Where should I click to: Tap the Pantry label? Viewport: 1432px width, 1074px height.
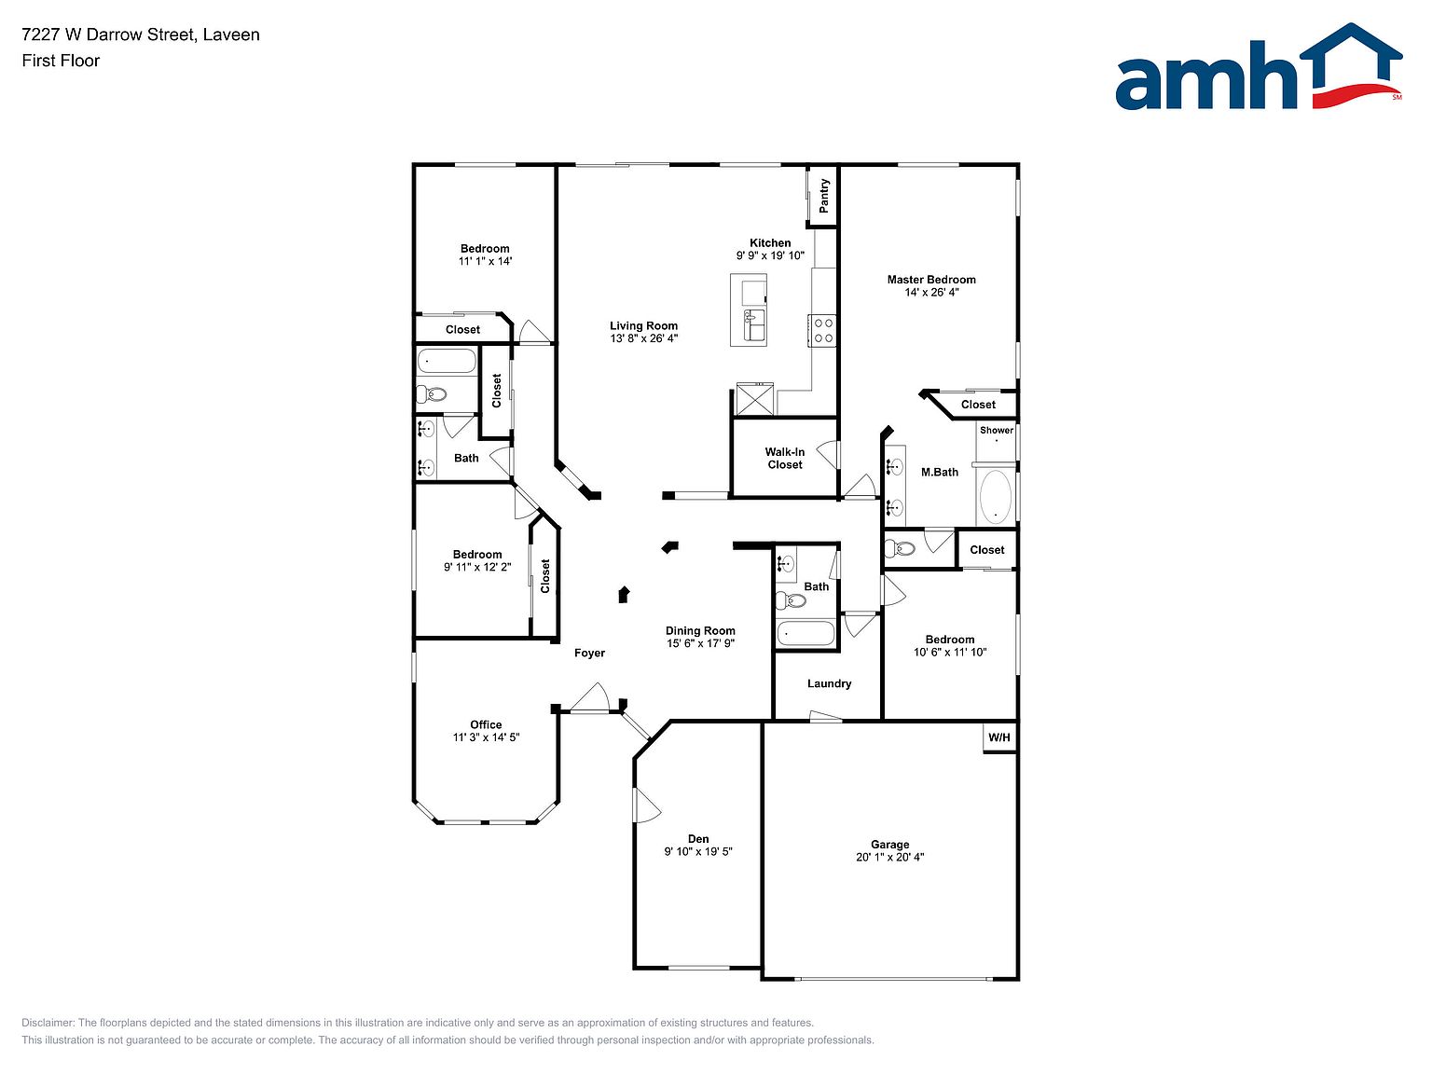click(x=824, y=196)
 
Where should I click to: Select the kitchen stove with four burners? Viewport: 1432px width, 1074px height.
click(x=822, y=331)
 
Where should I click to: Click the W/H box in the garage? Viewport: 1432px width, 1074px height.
click(x=998, y=737)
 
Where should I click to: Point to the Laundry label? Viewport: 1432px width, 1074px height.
click(x=829, y=683)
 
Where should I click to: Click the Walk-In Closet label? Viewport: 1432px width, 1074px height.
click(x=785, y=459)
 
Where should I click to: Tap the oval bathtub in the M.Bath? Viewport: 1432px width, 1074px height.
click(x=996, y=496)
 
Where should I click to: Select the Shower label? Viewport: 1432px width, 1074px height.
click(x=997, y=431)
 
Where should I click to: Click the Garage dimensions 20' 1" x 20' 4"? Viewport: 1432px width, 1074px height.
click(x=889, y=857)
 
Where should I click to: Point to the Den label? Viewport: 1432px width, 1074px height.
click(x=698, y=839)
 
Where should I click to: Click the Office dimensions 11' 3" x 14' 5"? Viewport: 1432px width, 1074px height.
click(x=486, y=737)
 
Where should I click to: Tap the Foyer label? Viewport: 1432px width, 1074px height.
click(x=590, y=653)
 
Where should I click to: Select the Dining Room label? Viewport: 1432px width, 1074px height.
click(x=700, y=630)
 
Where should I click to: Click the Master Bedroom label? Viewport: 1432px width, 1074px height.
click(x=931, y=279)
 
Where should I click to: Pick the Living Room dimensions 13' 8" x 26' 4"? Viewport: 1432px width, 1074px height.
click(x=644, y=337)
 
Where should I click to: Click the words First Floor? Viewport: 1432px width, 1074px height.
click(x=61, y=61)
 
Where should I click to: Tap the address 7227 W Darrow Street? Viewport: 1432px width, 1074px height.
click(x=108, y=34)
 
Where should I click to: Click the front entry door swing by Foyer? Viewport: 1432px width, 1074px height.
click(x=591, y=696)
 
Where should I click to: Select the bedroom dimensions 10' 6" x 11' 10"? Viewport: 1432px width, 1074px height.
click(x=950, y=652)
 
